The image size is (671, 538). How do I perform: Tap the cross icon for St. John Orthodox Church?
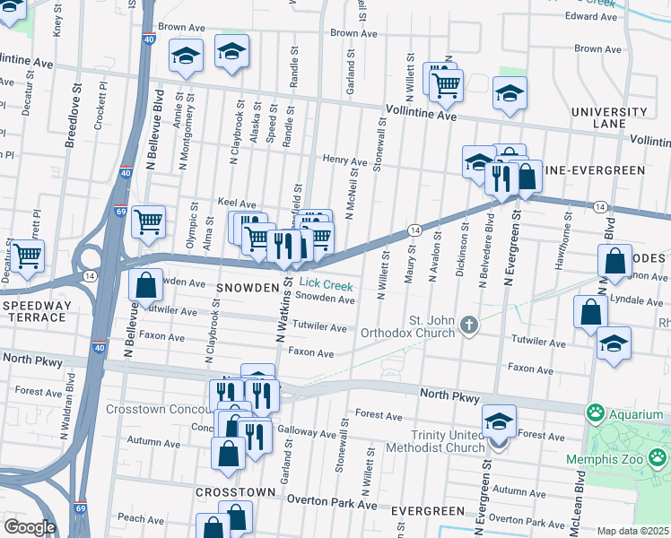(x=467, y=325)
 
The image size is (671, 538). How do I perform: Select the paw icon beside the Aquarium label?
(x=594, y=413)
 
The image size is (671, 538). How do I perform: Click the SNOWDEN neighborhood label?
(x=246, y=288)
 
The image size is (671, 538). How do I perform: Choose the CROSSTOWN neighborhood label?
(x=229, y=493)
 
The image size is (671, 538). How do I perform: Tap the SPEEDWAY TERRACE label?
(x=37, y=312)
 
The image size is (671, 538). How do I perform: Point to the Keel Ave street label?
(x=237, y=204)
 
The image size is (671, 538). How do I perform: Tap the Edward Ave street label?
(x=591, y=16)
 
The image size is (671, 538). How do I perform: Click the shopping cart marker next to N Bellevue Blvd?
(x=148, y=221)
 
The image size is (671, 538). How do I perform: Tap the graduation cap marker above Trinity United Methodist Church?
(x=499, y=420)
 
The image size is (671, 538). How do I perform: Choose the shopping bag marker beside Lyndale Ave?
(x=589, y=313)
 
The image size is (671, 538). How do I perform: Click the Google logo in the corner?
(x=29, y=526)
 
